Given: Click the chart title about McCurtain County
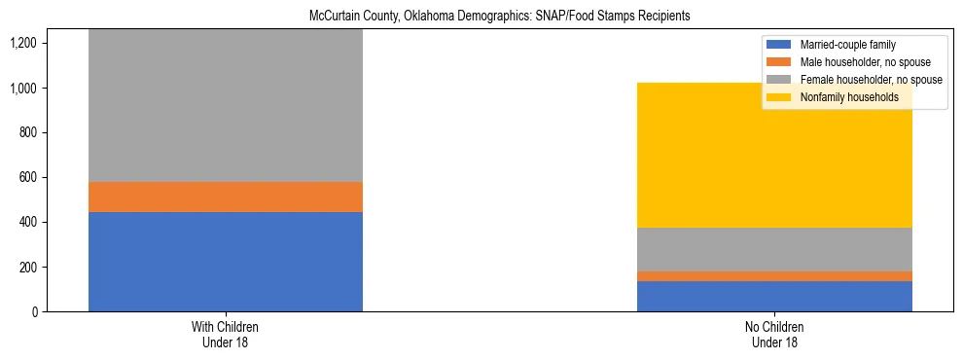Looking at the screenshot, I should click(x=481, y=17).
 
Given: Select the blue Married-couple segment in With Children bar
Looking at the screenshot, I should click(x=225, y=262).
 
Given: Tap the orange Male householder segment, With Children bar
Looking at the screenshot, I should click(x=225, y=198).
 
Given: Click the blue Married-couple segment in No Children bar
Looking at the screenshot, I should click(x=774, y=296).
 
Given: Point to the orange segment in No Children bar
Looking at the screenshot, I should click(x=774, y=276).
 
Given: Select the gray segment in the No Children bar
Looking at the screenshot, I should click(x=774, y=249).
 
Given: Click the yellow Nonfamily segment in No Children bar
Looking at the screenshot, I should click(x=774, y=156).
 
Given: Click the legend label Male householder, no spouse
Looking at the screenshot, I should click(x=860, y=62).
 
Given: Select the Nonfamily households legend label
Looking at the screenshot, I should click(x=849, y=97).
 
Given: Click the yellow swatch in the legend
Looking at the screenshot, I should click(x=779, y=97).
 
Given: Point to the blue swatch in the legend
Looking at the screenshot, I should click(x=779, y=45).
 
